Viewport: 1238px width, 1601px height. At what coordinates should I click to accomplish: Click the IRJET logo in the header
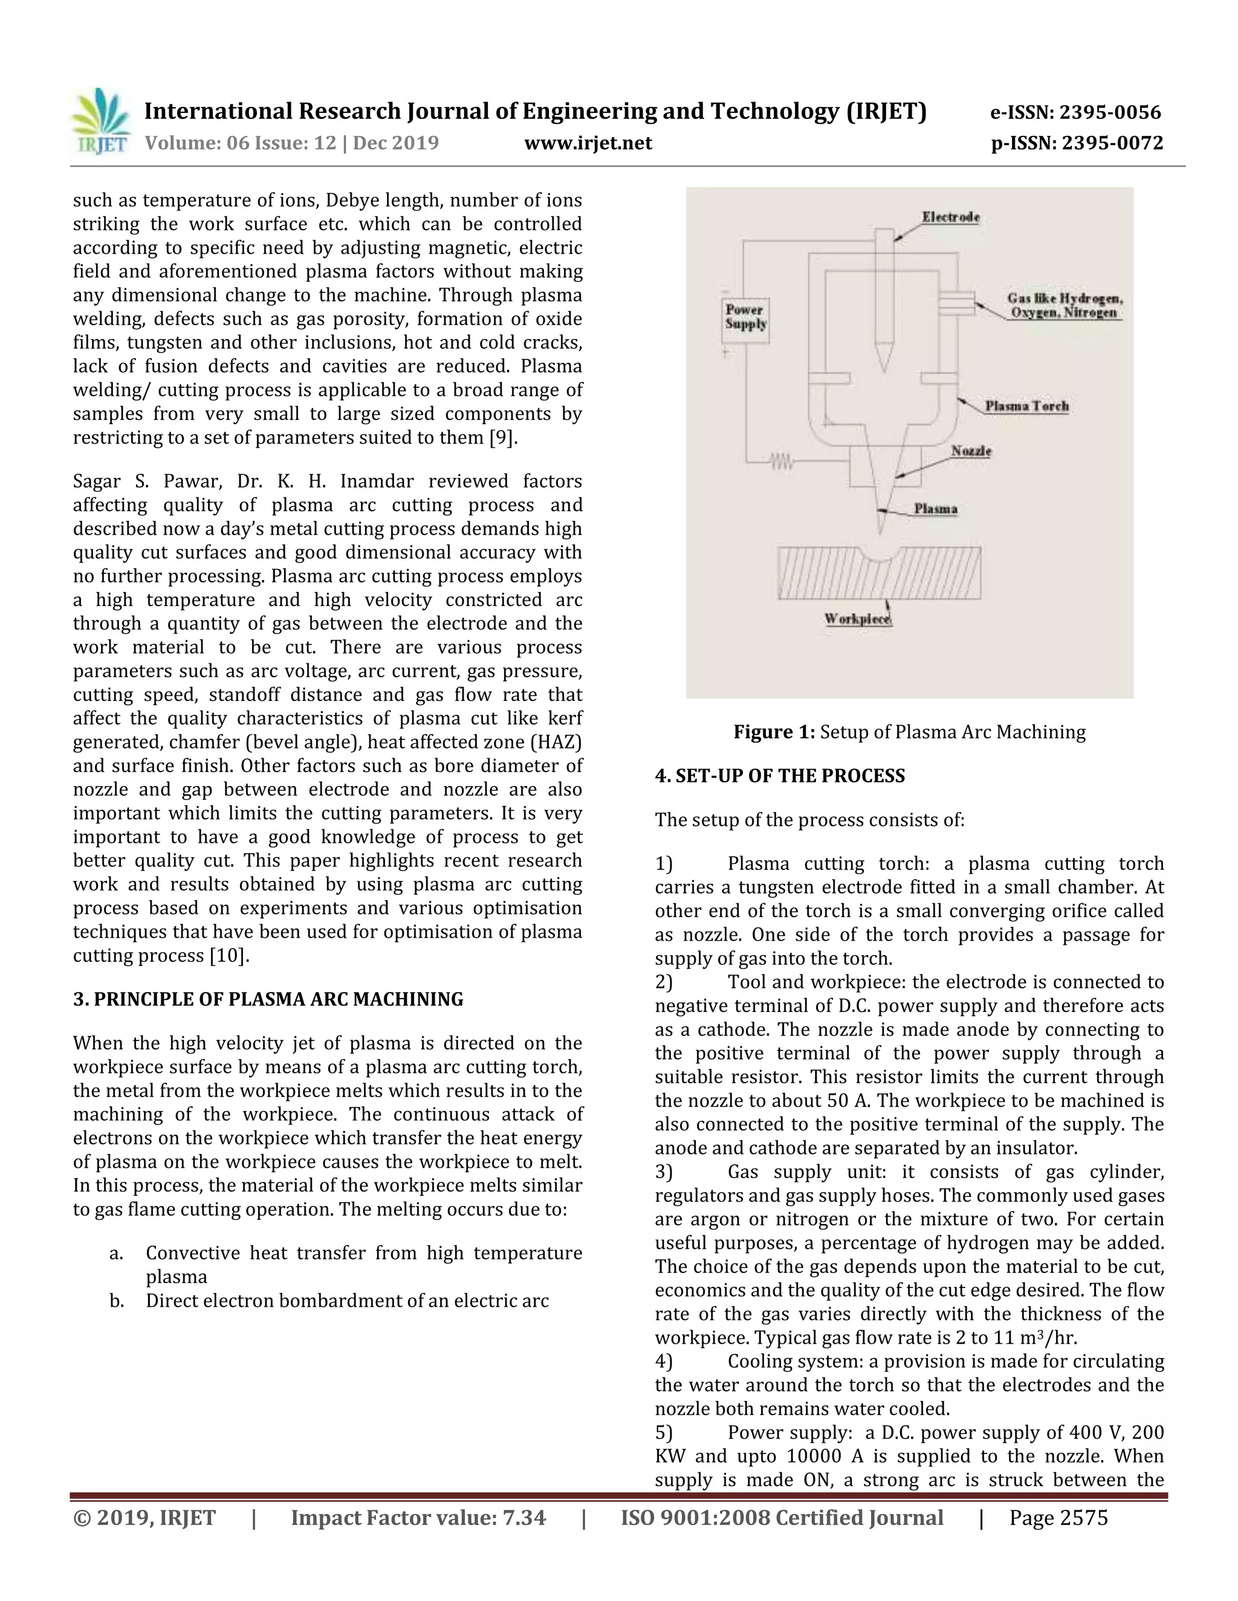click(100, 121)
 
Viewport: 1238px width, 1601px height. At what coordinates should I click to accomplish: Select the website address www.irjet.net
click(588, 143)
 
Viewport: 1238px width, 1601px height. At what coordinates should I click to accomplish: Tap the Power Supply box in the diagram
click(746, 317)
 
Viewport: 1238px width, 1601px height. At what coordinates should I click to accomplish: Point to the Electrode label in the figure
click(950, 217)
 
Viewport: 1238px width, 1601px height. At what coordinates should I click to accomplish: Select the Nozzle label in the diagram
click(970, 451)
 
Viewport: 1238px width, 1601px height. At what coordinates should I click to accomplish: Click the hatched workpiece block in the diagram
click(878, 573)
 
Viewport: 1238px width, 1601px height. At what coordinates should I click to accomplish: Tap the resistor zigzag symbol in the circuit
click(781, 461)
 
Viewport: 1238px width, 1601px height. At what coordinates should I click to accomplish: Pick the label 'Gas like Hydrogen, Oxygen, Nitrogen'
click(1064, 306)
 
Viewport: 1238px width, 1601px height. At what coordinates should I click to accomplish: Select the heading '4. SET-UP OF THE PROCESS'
click(780, 776)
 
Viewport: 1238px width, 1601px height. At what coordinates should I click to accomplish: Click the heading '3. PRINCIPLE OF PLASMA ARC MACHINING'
click(268, 999)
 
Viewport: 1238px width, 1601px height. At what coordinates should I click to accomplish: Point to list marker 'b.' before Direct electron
click(116, 1301)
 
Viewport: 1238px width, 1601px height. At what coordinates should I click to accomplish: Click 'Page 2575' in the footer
click(1058, 1518)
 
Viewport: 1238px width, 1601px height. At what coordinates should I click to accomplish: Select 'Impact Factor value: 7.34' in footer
click(418, 1518)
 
